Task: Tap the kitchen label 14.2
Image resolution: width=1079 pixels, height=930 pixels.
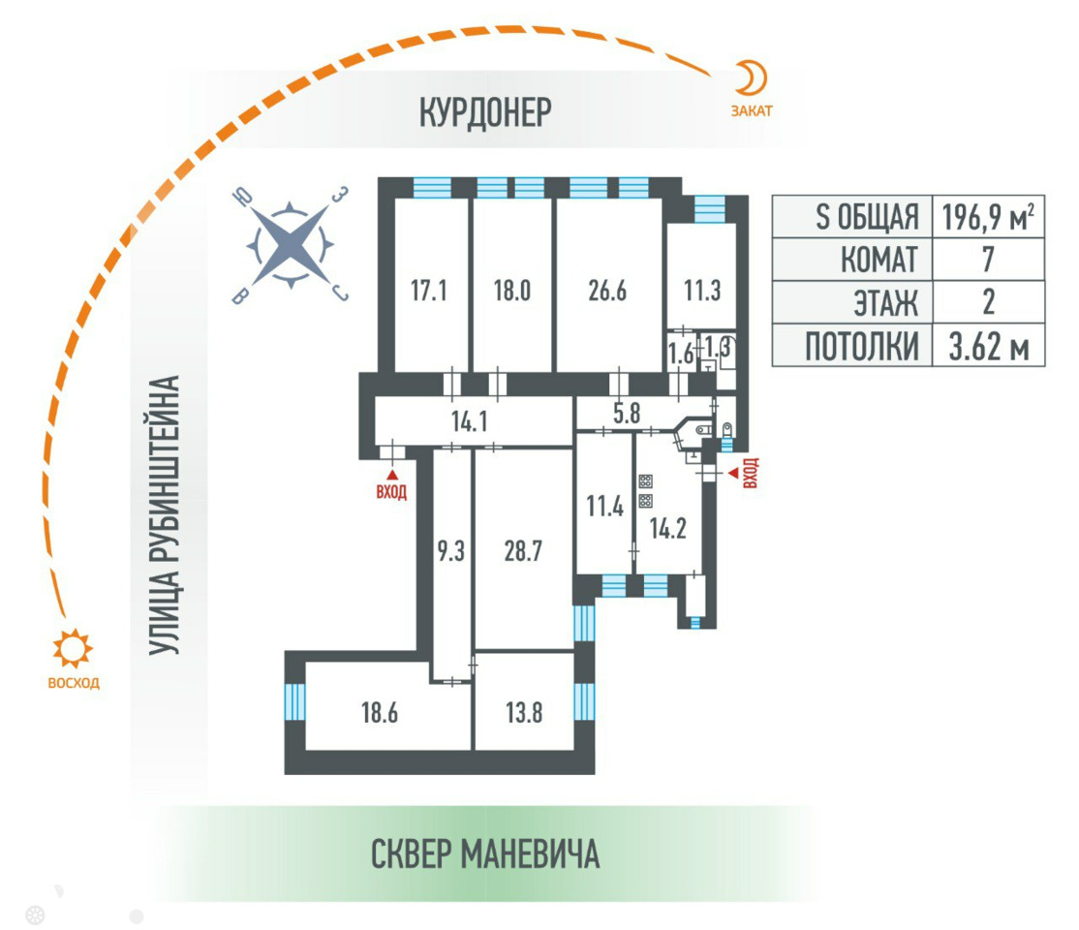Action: (x=667, y=531)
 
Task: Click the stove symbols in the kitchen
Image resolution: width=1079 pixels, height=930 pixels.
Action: (x=645, y=491)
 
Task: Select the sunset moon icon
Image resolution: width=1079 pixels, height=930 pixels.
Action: (x=753, y=76)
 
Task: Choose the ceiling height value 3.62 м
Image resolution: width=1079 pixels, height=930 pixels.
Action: (x=987, y=345)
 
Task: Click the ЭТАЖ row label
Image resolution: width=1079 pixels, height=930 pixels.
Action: (x=883, y=302)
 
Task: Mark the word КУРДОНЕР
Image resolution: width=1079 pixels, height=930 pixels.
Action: (x=485, y=111)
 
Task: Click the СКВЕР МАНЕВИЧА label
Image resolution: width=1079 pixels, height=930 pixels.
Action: (x=485, y=854)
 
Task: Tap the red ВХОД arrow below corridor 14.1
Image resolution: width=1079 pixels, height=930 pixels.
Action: (x=392, y=475)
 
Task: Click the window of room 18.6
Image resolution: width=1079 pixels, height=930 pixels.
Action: (x=293, y=700)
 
